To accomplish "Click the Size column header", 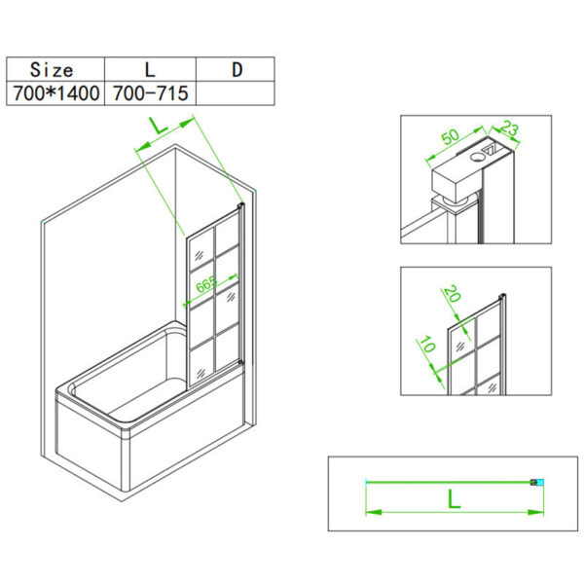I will point(52,69).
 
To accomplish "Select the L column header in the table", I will point(148,69).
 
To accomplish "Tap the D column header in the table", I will point(236,69).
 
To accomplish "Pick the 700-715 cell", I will point(148,93).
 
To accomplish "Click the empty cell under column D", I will point(236,93).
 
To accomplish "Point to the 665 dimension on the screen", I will point(205,285).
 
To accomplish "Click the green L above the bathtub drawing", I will point(157,126).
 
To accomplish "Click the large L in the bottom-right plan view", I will point(453,499).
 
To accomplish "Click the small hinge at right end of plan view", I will point(532,481).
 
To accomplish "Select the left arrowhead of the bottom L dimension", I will point(369,514).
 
